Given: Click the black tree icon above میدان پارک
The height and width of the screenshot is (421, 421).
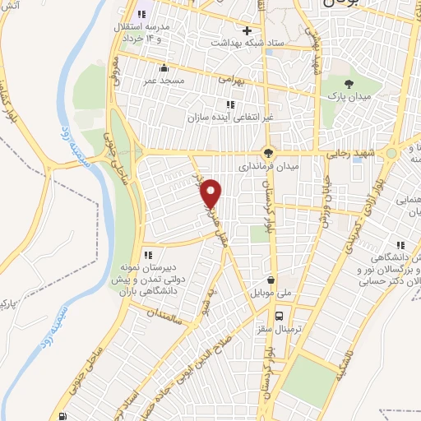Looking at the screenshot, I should [x=349, y=85].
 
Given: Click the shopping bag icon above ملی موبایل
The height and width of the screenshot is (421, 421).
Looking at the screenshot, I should [x=270, y=279].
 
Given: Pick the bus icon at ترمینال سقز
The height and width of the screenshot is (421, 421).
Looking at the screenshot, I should [x=280, y=315].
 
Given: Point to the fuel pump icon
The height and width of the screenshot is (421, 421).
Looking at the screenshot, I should [x=63, y=415].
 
